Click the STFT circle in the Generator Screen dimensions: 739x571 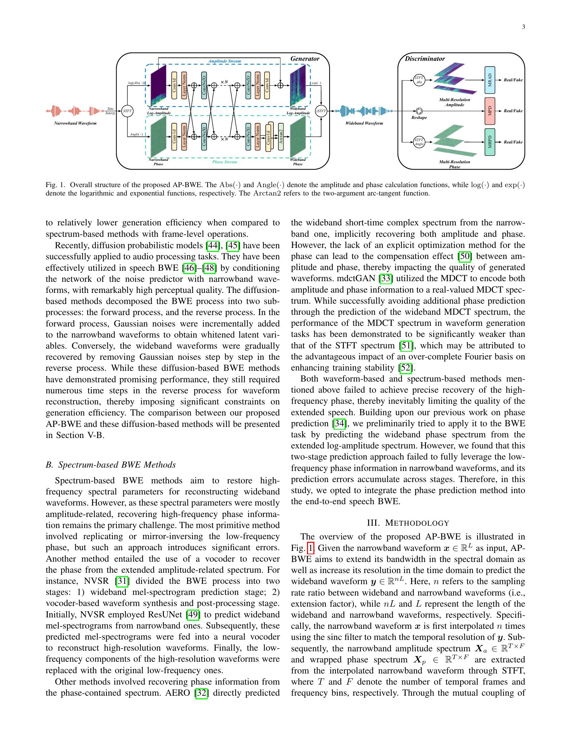(127, 111)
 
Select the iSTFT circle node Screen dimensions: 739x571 (321, 111)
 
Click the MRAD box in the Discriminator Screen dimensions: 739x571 (489, 80)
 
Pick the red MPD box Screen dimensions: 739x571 (489, 111)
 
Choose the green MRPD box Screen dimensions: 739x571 (489, 142)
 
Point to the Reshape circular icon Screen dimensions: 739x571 (419, 111)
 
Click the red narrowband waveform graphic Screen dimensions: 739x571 (75, 111)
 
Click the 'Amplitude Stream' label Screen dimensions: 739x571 (224, 61)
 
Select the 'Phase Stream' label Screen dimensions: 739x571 (224, 162)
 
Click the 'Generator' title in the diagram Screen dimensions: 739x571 (305, 58)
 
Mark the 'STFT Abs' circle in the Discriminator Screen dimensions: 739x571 (419, 80)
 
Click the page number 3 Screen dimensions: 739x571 (523, 28)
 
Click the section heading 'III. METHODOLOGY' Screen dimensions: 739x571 (408, 523)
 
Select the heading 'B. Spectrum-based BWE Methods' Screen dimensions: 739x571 (111, 465)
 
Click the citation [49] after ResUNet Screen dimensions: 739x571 (193, 614)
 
